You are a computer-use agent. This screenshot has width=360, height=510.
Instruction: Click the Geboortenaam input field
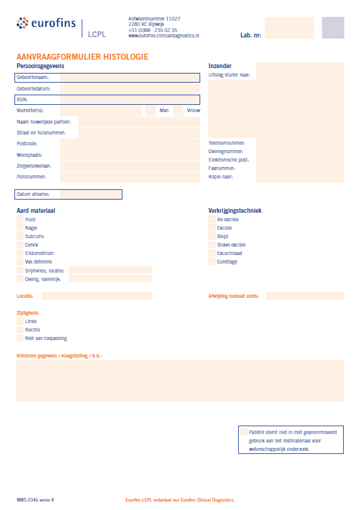tap(130, 78)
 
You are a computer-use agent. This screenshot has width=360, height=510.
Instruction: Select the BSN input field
tap(130, 99)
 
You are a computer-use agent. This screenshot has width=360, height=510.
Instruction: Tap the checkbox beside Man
tap(151, 111)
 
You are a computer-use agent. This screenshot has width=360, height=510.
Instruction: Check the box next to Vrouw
tap(178, 111)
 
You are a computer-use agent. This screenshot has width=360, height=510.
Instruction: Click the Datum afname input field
tap(90, 194)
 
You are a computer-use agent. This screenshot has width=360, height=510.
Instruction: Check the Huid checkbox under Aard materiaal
tap(20, 220)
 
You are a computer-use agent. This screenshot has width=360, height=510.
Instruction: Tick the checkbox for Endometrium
tap(20, 254)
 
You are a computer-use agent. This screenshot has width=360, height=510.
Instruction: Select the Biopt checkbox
tap(212, 237)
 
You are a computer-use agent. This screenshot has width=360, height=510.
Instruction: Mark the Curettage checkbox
tap(212, 262)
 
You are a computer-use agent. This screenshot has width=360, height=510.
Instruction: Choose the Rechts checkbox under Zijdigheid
tap(20, 330)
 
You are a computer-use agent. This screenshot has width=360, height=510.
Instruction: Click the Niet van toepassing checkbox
tap(20, 339)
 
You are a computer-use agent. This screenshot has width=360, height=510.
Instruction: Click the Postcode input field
tap(130, 144)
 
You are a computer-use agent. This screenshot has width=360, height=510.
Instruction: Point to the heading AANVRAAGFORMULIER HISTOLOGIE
tap(83, 57)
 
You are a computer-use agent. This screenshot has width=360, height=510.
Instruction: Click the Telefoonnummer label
tap(227, 143)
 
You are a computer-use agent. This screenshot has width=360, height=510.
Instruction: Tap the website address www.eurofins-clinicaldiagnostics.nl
tap(164, 36)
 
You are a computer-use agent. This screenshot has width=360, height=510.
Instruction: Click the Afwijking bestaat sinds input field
tap(305, 296)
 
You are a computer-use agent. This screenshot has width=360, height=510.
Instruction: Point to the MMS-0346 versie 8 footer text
tap(36, 500)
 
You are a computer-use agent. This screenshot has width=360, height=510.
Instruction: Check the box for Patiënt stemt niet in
tap(244, 432)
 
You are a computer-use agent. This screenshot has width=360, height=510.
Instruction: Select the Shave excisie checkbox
tap(212, 245)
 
